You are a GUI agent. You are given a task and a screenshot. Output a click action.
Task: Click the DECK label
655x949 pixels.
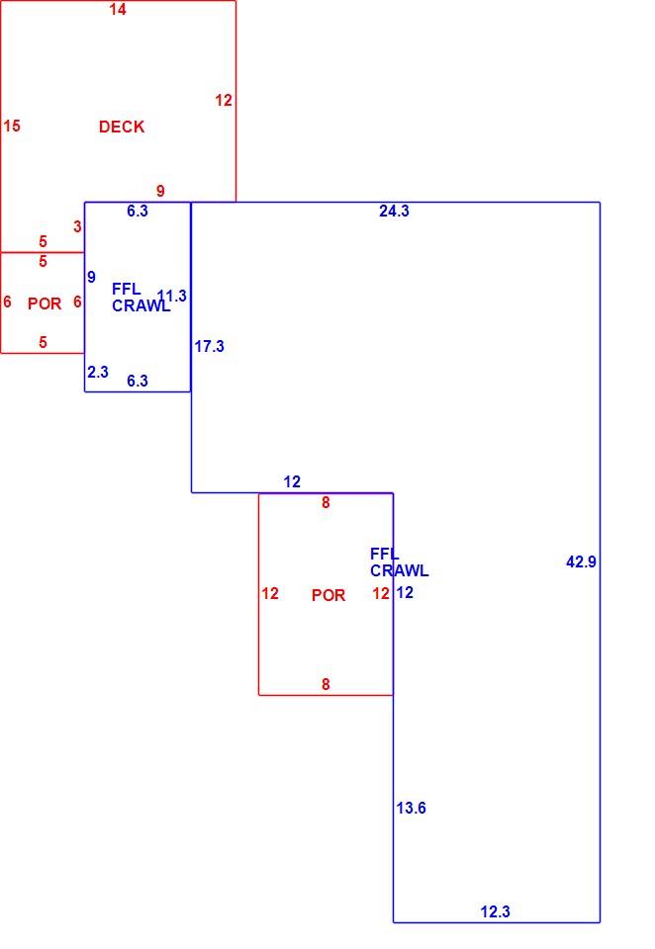point(122,127)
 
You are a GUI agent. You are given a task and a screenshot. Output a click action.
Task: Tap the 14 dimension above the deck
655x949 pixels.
point(118,9)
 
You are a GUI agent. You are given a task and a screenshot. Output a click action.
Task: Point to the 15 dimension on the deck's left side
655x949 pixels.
point(12,126)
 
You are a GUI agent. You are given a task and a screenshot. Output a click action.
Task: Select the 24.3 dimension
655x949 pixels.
point(394,211)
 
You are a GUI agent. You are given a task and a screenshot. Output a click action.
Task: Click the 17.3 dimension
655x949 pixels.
point(209,346)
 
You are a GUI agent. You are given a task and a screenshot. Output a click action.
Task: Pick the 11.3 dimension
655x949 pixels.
point(172,296)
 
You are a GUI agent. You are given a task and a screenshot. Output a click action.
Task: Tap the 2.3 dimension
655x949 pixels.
point(98,372)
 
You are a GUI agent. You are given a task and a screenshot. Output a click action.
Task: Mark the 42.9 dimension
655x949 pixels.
point(581,561)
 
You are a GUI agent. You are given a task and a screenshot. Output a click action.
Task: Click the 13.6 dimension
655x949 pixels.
point(411,808)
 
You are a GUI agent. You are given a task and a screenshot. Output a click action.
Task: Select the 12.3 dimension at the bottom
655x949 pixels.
point(495,911)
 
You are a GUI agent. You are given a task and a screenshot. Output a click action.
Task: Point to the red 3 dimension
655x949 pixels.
point(77,226)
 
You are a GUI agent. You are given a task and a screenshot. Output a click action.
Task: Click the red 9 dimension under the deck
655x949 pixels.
point(160,191)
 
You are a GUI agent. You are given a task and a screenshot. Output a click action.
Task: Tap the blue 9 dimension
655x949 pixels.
point(91,277)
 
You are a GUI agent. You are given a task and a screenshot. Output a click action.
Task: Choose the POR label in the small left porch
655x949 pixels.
point(45,303)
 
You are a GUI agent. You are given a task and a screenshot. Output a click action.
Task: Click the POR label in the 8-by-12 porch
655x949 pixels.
point(328,595)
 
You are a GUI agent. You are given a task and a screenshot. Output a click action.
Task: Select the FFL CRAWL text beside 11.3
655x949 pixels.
point(141,298)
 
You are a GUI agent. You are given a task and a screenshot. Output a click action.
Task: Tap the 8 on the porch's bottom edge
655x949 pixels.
point(326,684)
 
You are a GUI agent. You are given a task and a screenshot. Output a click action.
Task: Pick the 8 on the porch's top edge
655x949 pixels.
point(326,502)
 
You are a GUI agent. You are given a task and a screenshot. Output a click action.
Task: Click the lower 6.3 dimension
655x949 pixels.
point(138,381)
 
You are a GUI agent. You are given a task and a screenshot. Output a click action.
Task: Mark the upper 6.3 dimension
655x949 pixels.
point(138,211)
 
